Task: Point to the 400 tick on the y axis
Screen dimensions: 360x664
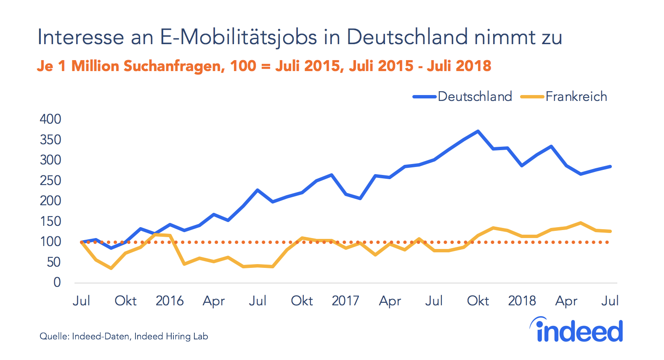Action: (50, 119)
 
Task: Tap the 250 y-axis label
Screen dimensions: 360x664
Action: (50, 180)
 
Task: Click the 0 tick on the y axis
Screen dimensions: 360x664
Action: (57, 282)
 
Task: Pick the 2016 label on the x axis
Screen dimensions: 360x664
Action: (170, 301)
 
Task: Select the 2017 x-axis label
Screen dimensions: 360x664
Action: (345, 301)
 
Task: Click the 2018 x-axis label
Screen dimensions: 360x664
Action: (522, 301)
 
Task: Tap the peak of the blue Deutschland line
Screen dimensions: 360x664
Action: (478, 131)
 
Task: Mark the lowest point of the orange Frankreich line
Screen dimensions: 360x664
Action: (111, 268)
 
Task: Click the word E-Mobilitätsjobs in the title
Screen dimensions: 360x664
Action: (239, 37)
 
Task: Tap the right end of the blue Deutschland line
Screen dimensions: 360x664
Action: (610, 167)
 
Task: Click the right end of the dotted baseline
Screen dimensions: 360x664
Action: (608, 242)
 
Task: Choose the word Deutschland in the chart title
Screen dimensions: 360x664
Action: (407, 37)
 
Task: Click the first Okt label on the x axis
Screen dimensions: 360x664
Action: (125, 301)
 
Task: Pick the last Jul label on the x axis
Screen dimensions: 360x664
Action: (610, 301)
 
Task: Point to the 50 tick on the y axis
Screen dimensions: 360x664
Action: (53, 262)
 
